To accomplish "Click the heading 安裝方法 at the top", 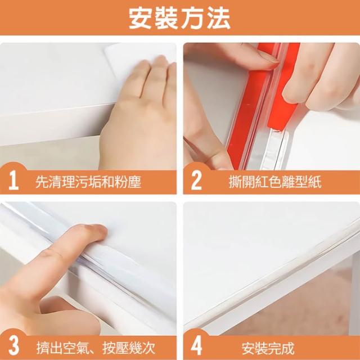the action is pos(179,19).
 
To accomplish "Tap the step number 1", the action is pos(13,182).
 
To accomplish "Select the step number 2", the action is pos(196,182).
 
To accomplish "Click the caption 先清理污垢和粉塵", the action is pos(88,182).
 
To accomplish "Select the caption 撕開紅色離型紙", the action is pos(275,182).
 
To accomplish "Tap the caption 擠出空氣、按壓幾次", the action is pos(96,348).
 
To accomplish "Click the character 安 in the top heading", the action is pos(141,19).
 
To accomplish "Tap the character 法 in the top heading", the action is pos(219,19).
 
